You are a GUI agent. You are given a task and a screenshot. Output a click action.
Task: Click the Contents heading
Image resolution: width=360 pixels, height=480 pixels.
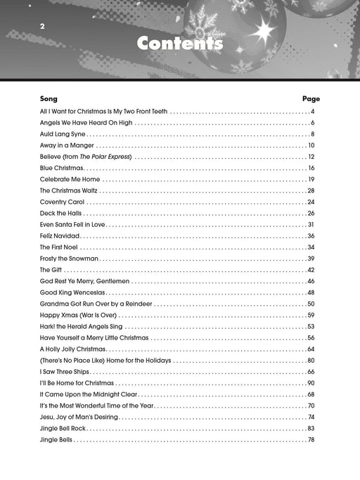point(180,44)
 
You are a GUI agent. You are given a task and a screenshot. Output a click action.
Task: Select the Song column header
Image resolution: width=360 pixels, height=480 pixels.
point(49,99)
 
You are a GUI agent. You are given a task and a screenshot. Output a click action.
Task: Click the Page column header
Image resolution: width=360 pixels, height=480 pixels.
point(311,99)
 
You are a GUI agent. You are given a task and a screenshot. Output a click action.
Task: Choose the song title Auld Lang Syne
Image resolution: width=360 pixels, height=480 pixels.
point(63,134)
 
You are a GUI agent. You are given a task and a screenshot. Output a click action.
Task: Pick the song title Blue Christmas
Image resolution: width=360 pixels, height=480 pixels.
point(62,168)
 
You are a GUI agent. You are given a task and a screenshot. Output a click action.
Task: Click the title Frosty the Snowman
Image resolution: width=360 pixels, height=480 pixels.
point(69,259)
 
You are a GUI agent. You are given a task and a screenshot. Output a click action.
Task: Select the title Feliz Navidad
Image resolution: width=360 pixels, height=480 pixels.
point(60,236)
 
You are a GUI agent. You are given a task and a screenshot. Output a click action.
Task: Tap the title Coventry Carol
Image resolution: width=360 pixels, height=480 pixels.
point(63,202)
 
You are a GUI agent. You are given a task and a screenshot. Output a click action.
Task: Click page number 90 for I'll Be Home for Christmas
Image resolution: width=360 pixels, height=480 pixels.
point(311,383)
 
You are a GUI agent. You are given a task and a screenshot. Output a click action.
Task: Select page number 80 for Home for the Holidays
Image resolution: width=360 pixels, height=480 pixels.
point(311,361)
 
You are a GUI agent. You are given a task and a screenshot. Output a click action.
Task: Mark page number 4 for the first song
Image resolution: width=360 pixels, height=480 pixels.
point(312,112)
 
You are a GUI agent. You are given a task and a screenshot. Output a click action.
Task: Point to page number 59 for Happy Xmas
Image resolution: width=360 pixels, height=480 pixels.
point(311,315)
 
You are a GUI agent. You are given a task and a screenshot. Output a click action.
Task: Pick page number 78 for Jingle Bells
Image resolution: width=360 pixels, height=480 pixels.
point(311,439)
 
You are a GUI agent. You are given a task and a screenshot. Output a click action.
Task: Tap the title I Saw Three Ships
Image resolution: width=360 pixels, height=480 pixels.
point(65,372)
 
